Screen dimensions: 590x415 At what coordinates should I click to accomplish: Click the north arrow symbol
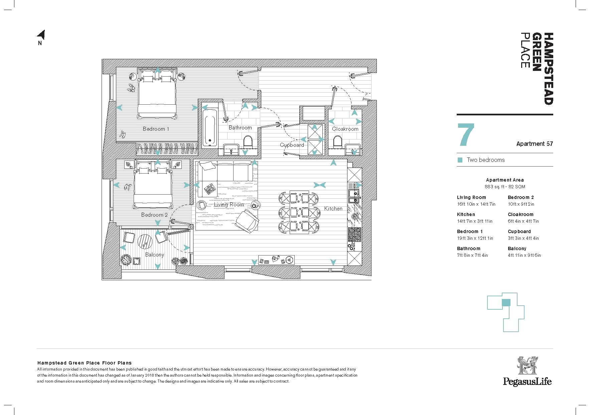41,35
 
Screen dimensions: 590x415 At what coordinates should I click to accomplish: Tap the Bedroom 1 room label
156,129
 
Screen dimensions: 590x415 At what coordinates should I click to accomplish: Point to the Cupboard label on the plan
292,145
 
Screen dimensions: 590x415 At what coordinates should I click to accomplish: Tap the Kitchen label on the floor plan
333,208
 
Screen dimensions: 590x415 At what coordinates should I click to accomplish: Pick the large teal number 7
466,134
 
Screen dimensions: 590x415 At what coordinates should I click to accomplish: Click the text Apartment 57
535,144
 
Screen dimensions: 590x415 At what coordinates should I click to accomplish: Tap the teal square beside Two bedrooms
460,160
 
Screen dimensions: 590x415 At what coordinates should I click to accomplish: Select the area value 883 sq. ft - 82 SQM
505,187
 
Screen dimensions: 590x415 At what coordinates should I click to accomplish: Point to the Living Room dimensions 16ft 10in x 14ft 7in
476,204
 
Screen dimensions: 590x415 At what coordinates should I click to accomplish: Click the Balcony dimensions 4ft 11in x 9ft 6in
524,255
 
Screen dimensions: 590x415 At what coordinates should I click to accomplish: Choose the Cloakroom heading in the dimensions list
521,214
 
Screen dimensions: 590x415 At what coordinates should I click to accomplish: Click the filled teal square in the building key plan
506,303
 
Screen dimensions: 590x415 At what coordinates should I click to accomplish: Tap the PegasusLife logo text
527,381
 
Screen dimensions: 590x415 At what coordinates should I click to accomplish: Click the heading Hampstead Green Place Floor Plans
85,363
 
